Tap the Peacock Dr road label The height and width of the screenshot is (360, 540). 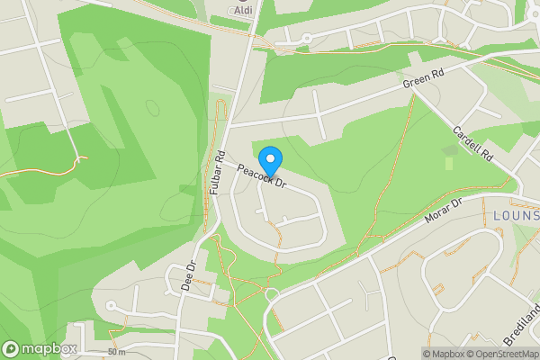click(x=261, y=176)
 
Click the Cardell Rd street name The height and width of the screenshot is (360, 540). click(x=474, y=143)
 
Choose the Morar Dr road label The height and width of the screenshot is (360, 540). click(x=442, y=212)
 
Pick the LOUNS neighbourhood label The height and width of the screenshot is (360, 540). click(x=515, y=216)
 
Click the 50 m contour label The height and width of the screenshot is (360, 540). click(x=115, y=351)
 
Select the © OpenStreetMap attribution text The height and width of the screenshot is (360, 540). click(x=506, y=354)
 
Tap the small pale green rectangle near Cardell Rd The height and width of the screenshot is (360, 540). click(x=448, y=164)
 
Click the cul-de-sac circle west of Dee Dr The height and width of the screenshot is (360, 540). click(x=112, y=306)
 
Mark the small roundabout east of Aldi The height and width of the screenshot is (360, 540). click(x=306, y=38)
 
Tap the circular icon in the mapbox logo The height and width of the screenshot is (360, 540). click(x=11, y=349)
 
